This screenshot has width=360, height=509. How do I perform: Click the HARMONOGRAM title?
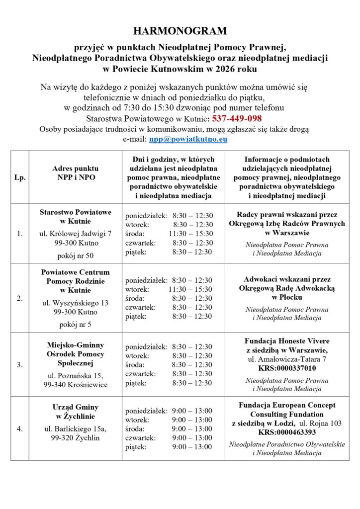[x=180, y=31]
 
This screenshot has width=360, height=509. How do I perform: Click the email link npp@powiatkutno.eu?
[x=188, y=139]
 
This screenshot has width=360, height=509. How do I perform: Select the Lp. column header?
[x=20, y=177]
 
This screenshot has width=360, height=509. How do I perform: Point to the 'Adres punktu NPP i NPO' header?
[x=75, y=172]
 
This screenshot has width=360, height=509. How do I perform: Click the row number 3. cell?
[x=20, y=364]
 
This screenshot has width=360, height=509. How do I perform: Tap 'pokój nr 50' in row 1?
[x=75, y=255]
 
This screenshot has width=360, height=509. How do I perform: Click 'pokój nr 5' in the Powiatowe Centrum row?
[x=75, y=324]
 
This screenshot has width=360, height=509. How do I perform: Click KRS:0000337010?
[x=287, y=368]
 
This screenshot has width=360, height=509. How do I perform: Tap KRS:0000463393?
[x=287, y=432]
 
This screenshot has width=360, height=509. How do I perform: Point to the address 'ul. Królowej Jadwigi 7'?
[x=75, y=234]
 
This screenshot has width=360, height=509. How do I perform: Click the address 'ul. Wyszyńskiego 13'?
[x=75, y=302]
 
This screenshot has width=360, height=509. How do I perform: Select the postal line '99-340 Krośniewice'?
[x=75, y=385]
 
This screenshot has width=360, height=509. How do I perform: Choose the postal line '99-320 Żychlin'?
[x=75, y=438]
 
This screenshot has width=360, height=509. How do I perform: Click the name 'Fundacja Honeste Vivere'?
[x=287, y=341]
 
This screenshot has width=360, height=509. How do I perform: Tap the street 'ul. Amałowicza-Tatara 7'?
[x=287, y=359]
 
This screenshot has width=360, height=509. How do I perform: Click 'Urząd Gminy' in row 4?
[x=75, y=407]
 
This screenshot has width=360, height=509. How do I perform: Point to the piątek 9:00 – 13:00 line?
[x=169, y=447]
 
